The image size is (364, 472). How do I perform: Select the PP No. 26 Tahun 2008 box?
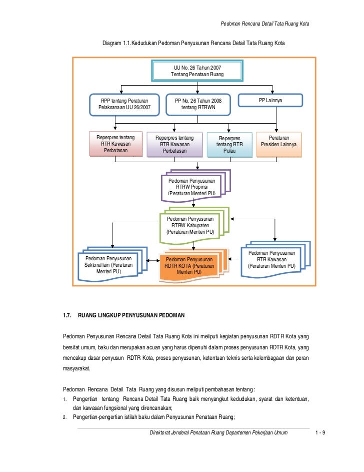coord(198,104)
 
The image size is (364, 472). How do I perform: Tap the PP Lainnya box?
coord(270,101)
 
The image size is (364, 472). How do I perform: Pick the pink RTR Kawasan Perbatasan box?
coord(115,144)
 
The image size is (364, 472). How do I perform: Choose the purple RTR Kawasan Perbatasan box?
coord(174,144)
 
